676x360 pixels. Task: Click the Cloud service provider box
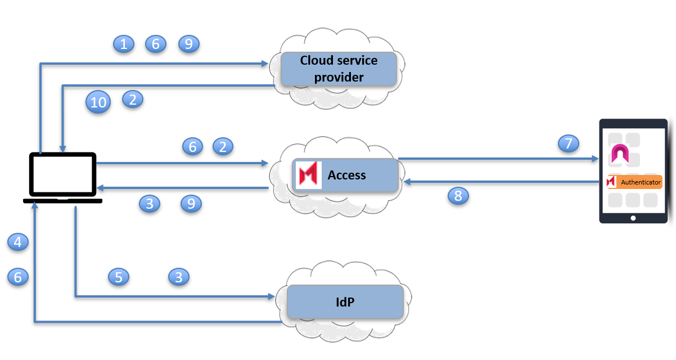pos(339,69)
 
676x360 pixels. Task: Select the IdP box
pos(345,301)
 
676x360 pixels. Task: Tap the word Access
pos(347,175)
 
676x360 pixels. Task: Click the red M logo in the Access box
pos(308,175)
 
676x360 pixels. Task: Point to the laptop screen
pos(63,174)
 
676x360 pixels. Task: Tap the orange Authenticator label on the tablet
pos(634,182)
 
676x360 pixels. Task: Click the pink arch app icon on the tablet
pos(620,154)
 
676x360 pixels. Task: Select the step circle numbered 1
pos(124,44)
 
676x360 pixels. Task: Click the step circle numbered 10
pos(98,102)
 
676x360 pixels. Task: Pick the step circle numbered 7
pos(569,143)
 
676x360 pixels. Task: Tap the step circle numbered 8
pos(458,196)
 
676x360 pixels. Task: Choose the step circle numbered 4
pos(18,242)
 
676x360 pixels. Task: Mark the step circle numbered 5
pos(119,277)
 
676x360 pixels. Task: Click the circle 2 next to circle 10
pos(133,99)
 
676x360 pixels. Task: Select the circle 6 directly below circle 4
pos(18,277)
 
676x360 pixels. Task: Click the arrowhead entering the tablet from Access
pos(596,159)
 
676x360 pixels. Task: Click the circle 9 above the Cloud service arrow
pos(189,44)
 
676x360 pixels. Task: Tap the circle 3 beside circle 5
pos(179,277)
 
